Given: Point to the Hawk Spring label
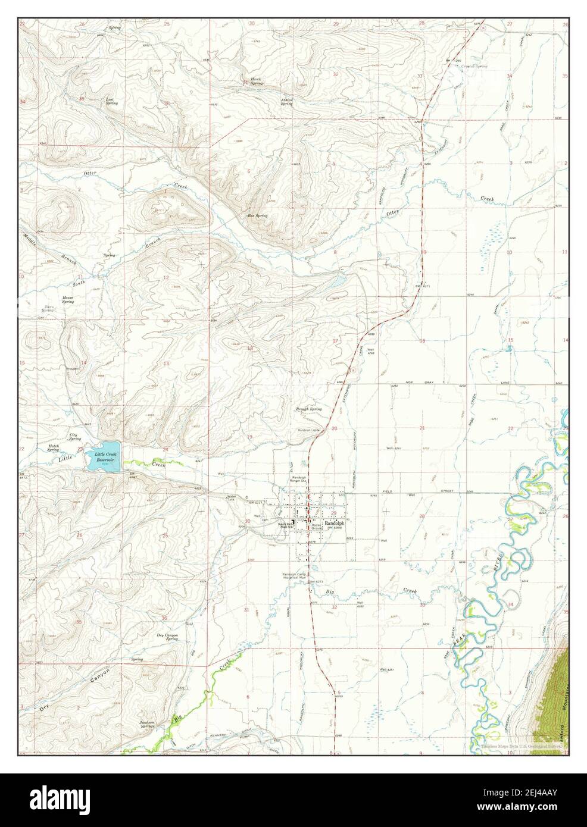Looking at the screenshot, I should click(x=256, y=82).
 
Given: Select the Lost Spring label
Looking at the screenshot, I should click(x=111, y=101).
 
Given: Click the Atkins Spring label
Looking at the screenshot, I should click(x=287, y=101).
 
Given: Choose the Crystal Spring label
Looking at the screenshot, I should click(x=474, y=67).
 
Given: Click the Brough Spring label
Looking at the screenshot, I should click(x=309, y=409).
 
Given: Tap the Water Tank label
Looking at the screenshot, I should click(x=232, y=499).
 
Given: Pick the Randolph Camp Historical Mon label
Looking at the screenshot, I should click(x=294, y=576).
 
